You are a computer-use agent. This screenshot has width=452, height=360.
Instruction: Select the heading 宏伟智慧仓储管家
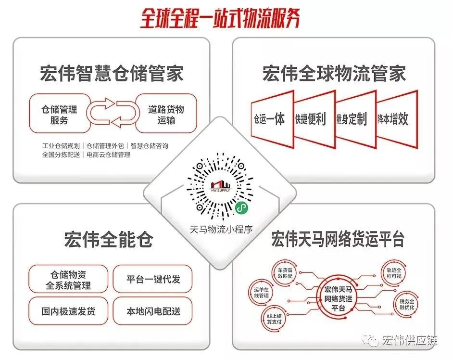pos(112,74)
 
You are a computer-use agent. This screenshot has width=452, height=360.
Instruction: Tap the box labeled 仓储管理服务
pos(59,114)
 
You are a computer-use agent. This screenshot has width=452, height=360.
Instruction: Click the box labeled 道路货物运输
pos(166,114)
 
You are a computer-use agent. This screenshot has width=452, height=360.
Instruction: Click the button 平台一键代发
pos(153,279)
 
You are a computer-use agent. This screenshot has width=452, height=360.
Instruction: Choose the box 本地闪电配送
pos(153,310)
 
